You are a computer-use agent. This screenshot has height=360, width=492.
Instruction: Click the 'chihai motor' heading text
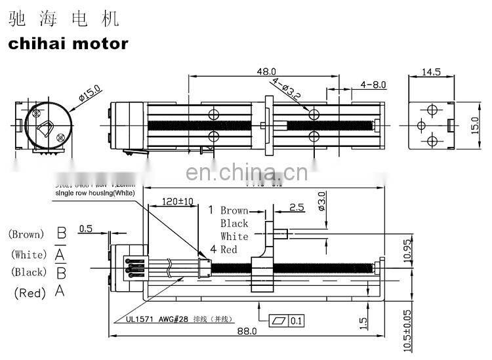point(68,44)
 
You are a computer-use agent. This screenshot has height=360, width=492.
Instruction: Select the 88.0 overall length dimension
point(246,332)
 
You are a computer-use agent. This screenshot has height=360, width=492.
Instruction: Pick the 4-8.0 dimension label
point(373,85)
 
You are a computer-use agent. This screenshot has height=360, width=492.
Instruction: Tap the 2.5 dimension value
point(296,207)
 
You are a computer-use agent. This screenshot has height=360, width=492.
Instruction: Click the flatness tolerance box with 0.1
point(286,321)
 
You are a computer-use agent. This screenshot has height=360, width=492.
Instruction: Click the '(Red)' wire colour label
point(29,293)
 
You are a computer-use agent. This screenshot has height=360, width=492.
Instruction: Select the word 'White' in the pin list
point(234,236)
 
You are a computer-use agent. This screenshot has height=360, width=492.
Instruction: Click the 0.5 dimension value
point(85,229)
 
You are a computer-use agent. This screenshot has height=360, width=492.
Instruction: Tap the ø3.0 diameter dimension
point(321,199)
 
